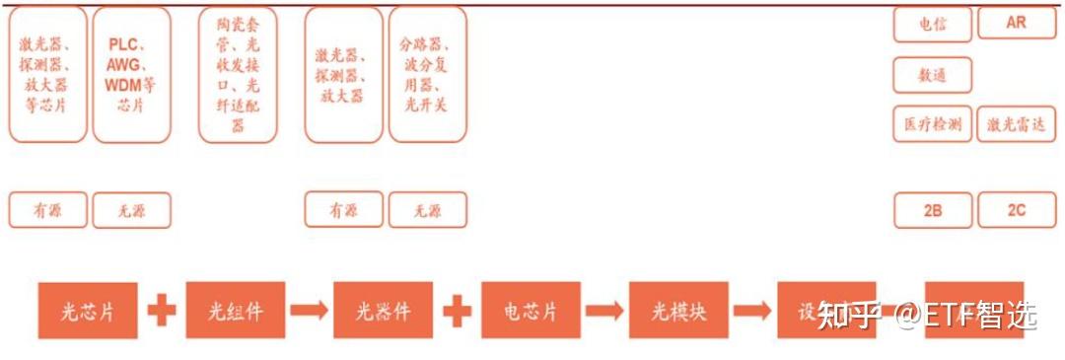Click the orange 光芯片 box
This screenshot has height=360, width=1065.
(88, 311)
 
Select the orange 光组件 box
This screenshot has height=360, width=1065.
(236, 311)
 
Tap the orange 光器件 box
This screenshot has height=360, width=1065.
(384, 311)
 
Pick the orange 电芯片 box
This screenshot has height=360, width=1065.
(531, 311)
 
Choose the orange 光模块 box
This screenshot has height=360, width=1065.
(678, 311)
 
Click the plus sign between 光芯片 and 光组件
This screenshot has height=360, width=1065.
(162, 311)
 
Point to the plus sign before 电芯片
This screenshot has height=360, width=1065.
(457, 311)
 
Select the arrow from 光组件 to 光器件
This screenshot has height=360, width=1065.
(309, 311)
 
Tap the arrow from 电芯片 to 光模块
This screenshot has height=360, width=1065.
(604, 311)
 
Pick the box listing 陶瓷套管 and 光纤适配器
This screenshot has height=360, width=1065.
(238, 75)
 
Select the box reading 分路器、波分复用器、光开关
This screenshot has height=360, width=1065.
(428, 75)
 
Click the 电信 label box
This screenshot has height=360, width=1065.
(933, 25)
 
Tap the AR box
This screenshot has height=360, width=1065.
(1016, 23)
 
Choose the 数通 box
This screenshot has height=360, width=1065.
(933, 75)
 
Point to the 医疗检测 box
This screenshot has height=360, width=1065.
(933, 124)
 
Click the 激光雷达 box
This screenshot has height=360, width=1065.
(1016, 125)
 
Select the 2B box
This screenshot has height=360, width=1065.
(933, 210)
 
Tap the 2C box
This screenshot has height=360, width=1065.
(1016, 210)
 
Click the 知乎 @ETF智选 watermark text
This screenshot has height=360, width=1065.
(928, 316)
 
